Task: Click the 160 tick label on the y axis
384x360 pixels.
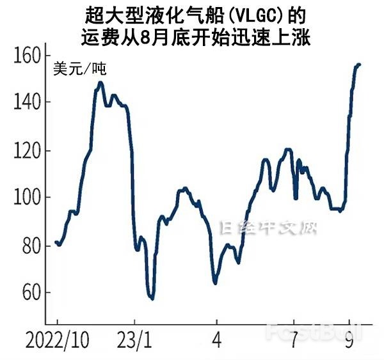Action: point(26,55)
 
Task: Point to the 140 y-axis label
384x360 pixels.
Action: point(26,102)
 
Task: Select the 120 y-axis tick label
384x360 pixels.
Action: point(26,151)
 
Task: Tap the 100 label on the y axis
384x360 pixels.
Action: point(26,198)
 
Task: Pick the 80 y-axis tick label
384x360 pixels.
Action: point(29,246)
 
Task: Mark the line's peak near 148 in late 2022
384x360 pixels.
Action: point(100,82)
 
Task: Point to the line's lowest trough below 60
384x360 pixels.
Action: point(152,298)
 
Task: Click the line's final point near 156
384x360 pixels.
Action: point(359,64)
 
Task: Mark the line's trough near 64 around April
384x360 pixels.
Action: point(215,283)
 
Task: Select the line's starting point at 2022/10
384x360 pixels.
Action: point(56,242)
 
